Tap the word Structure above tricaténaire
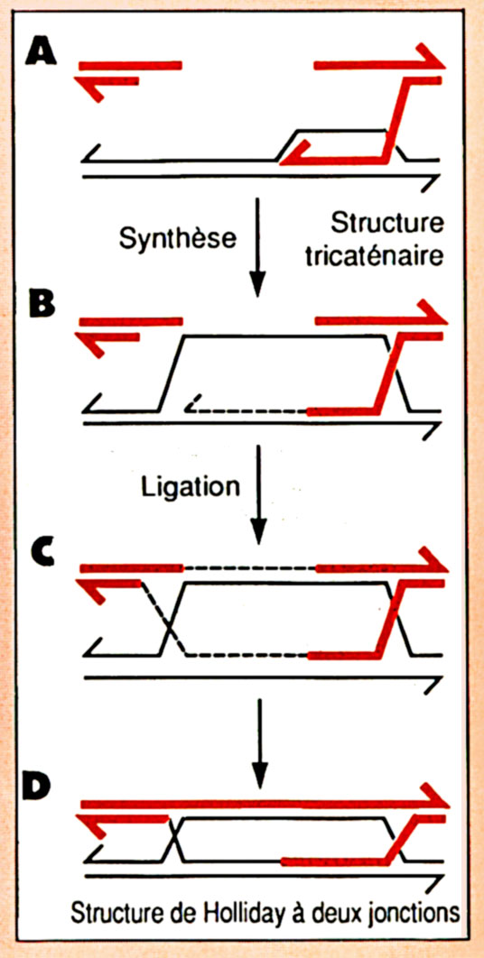[386, 224]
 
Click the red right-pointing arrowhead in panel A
[431, 56]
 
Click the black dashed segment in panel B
[247, 408]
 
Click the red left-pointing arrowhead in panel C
[92, 590]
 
